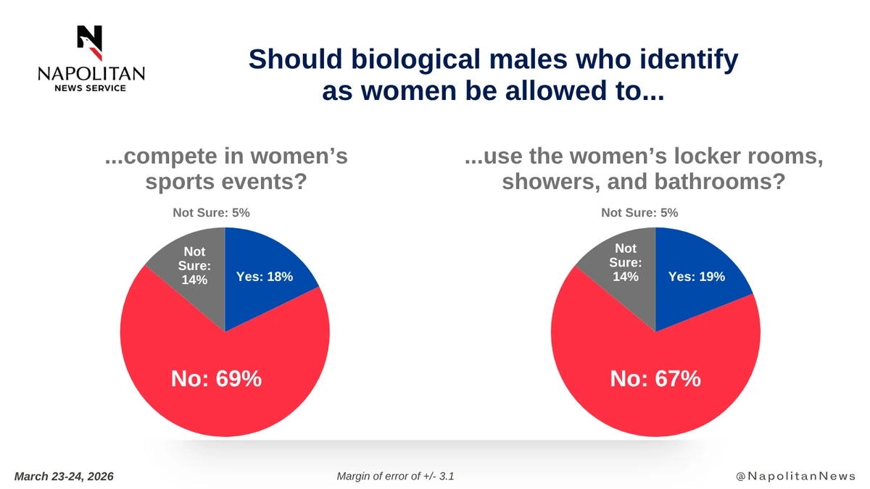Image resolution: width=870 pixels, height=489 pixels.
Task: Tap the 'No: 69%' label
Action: click(x=216, y=378)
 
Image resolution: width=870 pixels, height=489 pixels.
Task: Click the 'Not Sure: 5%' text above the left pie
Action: click(x=211, y=213)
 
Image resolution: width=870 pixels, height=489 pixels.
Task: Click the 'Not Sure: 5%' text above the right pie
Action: click(x=639, y=213)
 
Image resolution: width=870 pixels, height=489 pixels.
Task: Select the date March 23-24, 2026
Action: click(x=64, y=476)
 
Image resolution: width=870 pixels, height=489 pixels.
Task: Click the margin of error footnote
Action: click(x=395, y=476)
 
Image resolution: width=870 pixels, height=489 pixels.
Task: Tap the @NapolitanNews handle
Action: click(x=795, y=476)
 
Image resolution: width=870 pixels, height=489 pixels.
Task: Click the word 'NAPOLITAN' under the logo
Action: click(x=91, y=74)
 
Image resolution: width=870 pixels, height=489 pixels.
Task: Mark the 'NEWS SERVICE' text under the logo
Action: click(x=91, y=88)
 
